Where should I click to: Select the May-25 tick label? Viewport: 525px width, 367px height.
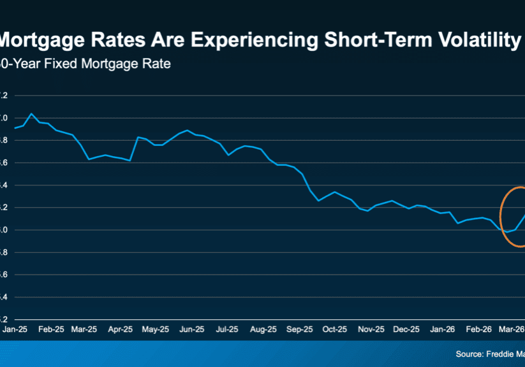[x=155, y=330]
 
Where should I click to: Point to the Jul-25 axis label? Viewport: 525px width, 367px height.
[x=227, y=330]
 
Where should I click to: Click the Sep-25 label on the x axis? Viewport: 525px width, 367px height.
[x=300, y=330]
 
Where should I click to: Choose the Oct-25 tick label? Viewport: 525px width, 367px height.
[x=334, y=330]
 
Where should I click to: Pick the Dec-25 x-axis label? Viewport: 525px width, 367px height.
[x=406, y=330]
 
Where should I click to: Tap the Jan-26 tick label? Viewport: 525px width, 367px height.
[x=441, y=330]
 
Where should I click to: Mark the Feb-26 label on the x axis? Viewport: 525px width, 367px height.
[x=476, y=330]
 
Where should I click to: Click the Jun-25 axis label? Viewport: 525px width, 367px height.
[x=191, y=330]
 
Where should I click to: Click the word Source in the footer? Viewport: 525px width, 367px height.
[x=471, y=354]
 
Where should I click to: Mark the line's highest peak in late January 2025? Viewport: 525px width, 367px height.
[x=32, y=113]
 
